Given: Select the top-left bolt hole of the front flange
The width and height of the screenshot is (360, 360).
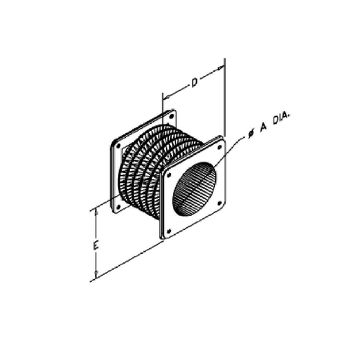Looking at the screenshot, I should [x=169, y=171].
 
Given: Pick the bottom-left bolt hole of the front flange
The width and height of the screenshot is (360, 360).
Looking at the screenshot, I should [x=169, y=229].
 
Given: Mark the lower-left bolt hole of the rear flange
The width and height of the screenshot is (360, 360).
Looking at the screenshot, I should [x=117, y=206].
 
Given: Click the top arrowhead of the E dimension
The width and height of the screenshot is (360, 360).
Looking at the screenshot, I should [x=96, y=212].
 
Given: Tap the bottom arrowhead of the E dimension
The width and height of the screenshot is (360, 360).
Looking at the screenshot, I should [x=96, y=275].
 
